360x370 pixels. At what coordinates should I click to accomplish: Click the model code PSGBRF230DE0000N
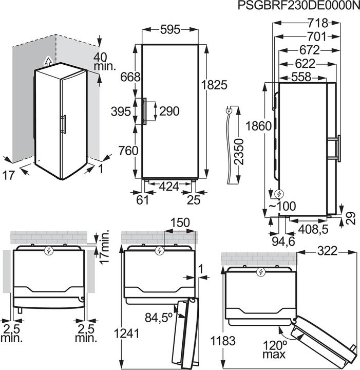pyautogui.click(x=299, y=6)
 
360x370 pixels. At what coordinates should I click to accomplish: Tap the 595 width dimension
pyautogui.click(x=170, y=30)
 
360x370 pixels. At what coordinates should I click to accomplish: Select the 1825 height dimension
pyautogui.click(x=214, y=85)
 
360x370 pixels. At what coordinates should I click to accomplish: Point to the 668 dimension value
pyautogui.click(x=130, y=77)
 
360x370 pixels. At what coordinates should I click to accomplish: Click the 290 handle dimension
pyautogui.click(x=169, y=111)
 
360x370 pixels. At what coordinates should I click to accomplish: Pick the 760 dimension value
pyautogui.click(x=128, y=151)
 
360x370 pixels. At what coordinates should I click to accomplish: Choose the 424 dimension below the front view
pyautogui.click(x=169, y=187)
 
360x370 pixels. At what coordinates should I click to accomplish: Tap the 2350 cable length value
pyautogui.click(x=238, y=152)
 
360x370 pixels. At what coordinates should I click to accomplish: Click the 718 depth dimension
pyautogui.click(x=318, y=23)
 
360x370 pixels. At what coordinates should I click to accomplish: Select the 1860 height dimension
pyautogui.click(x=258, y=126)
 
